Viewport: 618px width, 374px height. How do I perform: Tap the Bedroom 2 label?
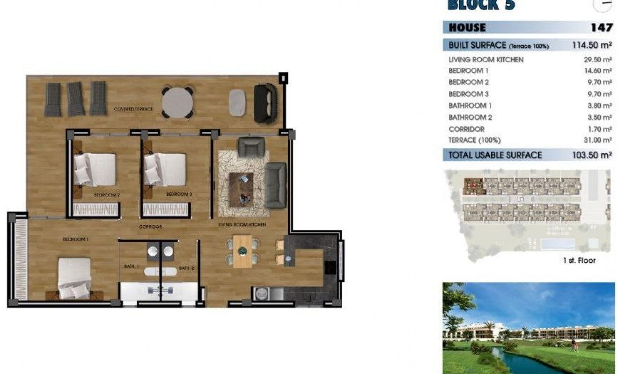107,194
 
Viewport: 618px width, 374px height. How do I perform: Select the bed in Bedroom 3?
165,169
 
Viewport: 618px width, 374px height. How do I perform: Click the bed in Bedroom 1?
74,278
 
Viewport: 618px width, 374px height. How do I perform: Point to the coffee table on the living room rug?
241,188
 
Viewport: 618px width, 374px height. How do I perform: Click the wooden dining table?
243,252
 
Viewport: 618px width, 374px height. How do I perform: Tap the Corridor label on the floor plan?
150,227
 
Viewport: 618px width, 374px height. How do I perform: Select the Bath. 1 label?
132,266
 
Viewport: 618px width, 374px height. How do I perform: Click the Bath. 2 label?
186,268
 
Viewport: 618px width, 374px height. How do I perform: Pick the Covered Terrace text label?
133,109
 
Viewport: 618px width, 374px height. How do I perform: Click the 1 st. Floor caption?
579,260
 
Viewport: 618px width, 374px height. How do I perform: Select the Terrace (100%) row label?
474,140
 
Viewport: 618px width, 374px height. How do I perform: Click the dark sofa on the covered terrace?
265,104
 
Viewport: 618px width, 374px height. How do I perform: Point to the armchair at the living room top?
251,147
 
